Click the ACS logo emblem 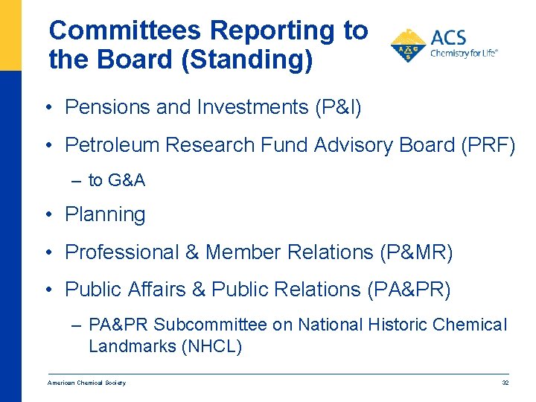click(x=408, y=46)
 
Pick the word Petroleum click(x=112, y=145)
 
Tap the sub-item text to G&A click(x=117, y=180)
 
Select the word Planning click(x=105, y=215)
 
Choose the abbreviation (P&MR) click(x=415, y=253)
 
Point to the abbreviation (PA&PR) click(x=409, y=290)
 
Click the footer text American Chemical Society click(x=86, y=383)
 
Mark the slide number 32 click(x=505, y=383)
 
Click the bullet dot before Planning click(x=47, y=216)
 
